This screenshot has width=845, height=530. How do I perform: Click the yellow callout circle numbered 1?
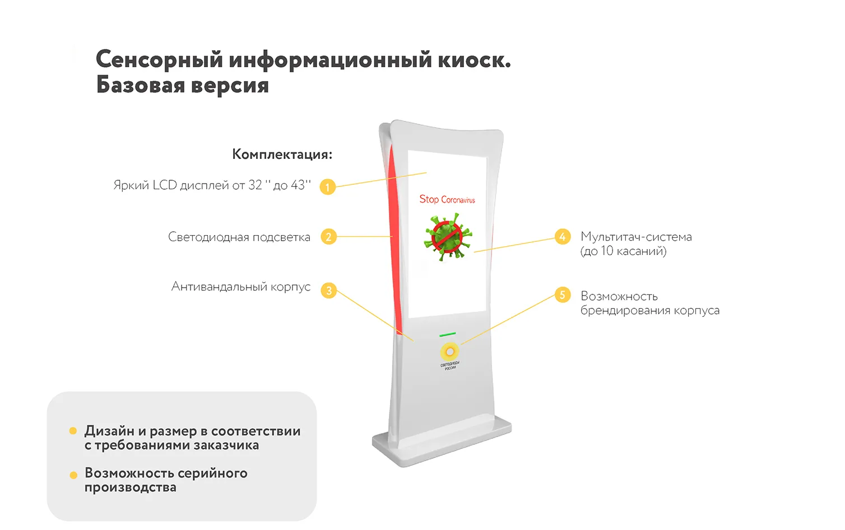pyautogui.click(x=327, y=187)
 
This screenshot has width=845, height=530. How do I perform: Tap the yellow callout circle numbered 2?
pyautogui.click(x=328, y=237)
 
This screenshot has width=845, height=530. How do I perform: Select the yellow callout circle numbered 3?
pyautogui.click(x=328, y=290)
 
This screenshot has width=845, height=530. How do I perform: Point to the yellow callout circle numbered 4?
pyautogui.click(x=562, y=237)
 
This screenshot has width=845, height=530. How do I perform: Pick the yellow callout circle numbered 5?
pyautogui.click(x=562, y=295)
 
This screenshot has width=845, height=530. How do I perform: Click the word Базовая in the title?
pyautogui.click(x=140, y=86)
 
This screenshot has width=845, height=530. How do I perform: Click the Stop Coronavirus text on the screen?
pyautogui.click(x=447, y=200)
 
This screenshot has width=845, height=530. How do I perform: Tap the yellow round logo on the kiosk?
pyautogui.click(x=449, y=351)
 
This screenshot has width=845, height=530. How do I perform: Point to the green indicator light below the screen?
pyautogui.click(x=447, y=335)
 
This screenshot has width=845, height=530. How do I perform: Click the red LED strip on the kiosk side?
pyautogui.click(x=394, y=235)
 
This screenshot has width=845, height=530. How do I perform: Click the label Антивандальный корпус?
pyautogui.click(x=240, y=287)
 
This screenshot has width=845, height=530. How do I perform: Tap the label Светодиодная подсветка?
pyautogui.click(x=239, y=237)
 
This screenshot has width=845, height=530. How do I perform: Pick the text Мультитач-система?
pyautogui.click(x=636, y=237)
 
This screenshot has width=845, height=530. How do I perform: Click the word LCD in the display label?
pyautogui.click(x=165, y=185)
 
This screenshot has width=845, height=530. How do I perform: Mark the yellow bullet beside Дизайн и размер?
pyautogui.click(x=73, y=431)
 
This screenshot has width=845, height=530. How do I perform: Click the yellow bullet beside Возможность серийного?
pyautogui.click(x=73, y=475)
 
